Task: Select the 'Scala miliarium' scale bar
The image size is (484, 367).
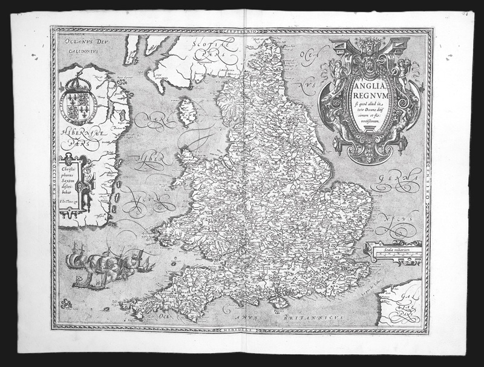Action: click(392, 249)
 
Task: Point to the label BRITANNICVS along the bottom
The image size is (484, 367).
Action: click(315, 317)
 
